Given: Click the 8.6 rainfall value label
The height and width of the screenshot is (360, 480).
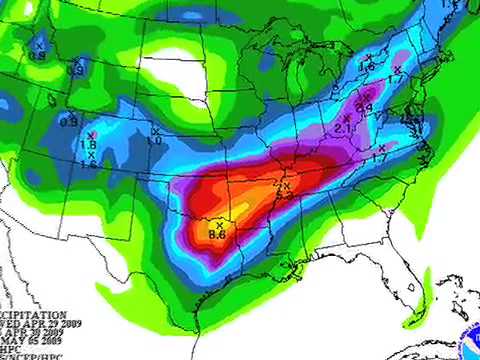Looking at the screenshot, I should click(x=216, y=234).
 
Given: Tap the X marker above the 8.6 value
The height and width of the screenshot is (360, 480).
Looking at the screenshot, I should click(x=218, y=225).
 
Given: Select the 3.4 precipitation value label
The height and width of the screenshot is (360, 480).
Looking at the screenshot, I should click(x=365, y=107).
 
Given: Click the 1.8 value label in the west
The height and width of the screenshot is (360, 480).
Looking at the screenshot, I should click(x=88, y=144).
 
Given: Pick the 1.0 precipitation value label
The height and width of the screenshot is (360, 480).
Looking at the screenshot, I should click(x=155, y=141).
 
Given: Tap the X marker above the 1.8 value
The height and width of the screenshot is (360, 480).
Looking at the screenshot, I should click(x=91, y=134).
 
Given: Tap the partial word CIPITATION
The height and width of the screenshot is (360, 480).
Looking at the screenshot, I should click(x=35, y=313).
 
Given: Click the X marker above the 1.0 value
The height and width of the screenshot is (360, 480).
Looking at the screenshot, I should click(x=155, y=131).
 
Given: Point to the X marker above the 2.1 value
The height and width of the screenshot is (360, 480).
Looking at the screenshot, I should click(x=346, y=118).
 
